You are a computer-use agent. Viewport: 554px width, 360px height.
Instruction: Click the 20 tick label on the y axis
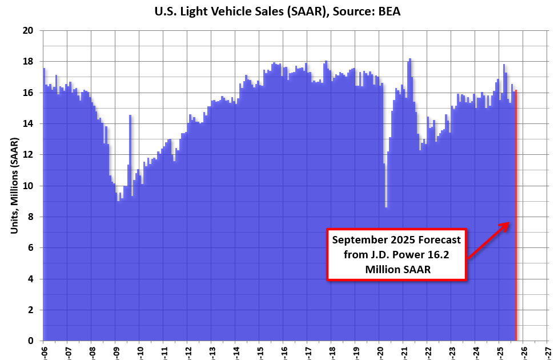click(x=28, y=30)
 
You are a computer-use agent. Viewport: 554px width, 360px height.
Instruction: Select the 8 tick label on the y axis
click(x=30, y=217)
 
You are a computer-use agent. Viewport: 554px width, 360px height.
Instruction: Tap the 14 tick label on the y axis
click(x=28, y=123)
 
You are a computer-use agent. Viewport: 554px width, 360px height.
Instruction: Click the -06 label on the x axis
click(x=43, y=350)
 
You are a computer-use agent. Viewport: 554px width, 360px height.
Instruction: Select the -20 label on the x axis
click(x=379, y=350)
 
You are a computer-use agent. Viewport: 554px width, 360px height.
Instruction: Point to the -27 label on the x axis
click(x=547, y=350)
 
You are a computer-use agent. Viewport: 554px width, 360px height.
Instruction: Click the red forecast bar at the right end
click(x=516, y=217)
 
